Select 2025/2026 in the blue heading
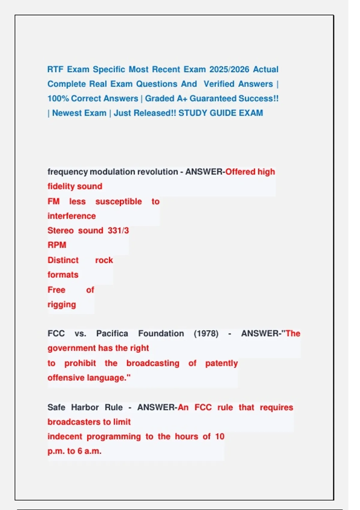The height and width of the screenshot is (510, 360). click(x=229, y=69)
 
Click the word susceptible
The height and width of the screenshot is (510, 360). click(x=118, y=201)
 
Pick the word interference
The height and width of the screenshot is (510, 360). click(x=72, y=216)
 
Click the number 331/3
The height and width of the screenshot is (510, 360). click(x=118, y=230)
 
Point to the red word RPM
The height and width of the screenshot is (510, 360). click(x=57, y=245)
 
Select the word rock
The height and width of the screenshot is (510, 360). click(x=104, y=260)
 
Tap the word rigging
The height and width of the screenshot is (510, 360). click(x=62, y=304)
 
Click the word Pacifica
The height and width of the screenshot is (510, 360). click(x=112, y=334)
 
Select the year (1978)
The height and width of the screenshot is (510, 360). click(x=206, y=334)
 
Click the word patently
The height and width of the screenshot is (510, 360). click(x=221, y=363)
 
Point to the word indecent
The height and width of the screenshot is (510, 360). click(x=65, y=436)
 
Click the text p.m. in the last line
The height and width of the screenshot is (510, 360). click(x=56, y=451)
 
